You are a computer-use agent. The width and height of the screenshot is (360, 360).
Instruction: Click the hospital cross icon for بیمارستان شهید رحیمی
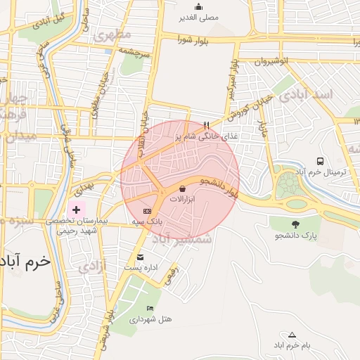77,210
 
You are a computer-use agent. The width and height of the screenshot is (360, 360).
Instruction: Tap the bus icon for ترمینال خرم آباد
320,162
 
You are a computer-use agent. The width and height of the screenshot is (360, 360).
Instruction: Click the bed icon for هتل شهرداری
149,309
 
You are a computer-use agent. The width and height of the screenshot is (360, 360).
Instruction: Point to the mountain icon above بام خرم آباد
292,335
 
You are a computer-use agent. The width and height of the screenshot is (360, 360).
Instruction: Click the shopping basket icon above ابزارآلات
183,188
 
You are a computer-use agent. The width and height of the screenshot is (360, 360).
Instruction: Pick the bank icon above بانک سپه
146,211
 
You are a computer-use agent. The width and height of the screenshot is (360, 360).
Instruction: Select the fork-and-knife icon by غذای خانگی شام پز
206,126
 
